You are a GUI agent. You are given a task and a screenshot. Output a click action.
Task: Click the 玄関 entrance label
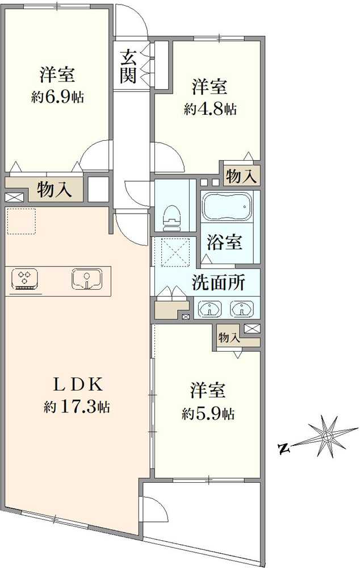click(129, 66)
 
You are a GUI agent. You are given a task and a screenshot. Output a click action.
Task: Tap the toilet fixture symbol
click(170, 216)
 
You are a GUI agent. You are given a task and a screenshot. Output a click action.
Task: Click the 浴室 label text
click(225, 242)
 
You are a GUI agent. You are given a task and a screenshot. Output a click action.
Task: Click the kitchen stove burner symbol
click(24, 278)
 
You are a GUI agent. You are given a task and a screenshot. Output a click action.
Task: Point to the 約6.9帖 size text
click(57, 97)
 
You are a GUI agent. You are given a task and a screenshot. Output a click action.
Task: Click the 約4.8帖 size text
click(210, 109)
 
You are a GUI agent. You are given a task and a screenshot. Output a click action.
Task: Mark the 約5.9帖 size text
click(208, 414)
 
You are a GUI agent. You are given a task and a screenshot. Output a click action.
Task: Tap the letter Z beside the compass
click(284, 450)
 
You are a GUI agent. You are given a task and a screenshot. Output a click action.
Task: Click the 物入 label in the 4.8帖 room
click(241, 177)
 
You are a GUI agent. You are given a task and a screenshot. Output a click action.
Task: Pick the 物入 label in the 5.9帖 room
click(229, 337)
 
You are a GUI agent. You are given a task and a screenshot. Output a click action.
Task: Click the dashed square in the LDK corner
click(21, 222)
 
